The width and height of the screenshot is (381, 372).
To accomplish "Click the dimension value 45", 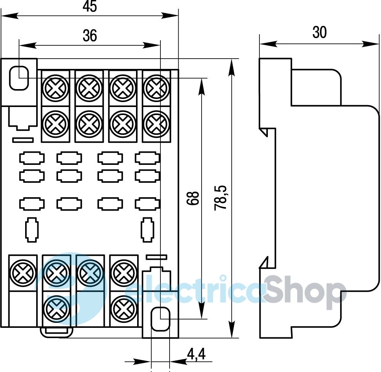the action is click(90, 6).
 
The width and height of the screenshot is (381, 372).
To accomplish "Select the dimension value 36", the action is click(90, 35).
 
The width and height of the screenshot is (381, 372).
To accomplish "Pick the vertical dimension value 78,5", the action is click(220, 198).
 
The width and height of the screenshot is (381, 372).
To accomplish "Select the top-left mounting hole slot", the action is click(19, 78).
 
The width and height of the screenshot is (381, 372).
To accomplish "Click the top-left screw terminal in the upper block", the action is click(56, 88).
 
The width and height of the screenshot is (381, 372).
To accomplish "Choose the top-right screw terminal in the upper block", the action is click(157, 88).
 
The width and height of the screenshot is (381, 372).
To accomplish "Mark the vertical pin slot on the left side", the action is click(32, 230).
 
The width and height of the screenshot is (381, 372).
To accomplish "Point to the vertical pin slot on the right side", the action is click(147, 230).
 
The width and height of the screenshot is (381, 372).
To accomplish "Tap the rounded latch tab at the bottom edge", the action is click(57, 332).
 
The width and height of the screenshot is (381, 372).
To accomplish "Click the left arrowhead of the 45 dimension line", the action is click(10, 16).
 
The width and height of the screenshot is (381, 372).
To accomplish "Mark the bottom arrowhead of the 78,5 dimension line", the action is click(232, 329).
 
